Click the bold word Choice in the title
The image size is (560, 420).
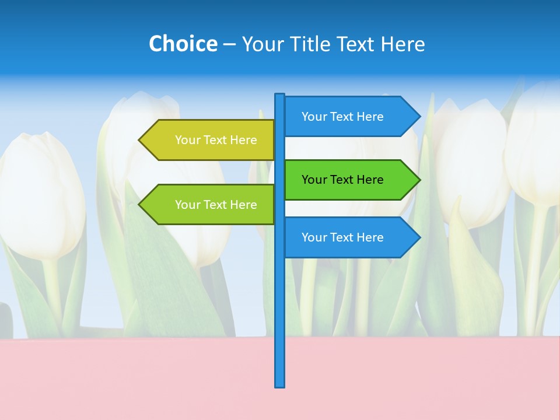[183, 44]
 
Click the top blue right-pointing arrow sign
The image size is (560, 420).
[350, 117]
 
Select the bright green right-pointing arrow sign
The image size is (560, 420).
[350, 180]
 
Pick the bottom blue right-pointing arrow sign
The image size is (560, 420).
[350, 237]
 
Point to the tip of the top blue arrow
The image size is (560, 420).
[419, 117]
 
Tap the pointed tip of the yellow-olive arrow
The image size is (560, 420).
[140, 140]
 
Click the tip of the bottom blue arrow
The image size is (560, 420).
[419, 237]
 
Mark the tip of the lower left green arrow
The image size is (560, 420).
[140, 205]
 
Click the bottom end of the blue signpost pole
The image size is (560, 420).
[280, 385]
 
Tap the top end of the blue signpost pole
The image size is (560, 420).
[280, 96]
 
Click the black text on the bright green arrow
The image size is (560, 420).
[342, 180]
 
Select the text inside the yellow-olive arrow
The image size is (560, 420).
[216, 140]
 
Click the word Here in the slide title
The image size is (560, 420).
[402, 44]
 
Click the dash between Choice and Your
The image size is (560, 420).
[229, 44]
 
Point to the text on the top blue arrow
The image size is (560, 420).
[342, 117]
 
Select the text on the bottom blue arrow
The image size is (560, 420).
[342, 237]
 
